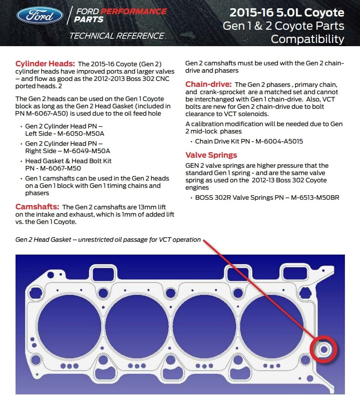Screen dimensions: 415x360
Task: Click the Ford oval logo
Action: (x=40, y=15)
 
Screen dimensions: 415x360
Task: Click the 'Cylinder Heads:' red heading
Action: (x=45, y=64)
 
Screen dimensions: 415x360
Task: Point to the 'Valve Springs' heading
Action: (x=211, y=155)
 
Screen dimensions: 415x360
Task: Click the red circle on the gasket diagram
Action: (x=323, y=350)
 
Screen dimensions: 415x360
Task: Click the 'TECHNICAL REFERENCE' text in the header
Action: (x=116, y=36)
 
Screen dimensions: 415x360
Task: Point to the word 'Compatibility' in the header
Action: (x=307, y=39)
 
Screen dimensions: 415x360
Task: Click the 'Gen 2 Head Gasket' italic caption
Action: (x=44, y=239)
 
